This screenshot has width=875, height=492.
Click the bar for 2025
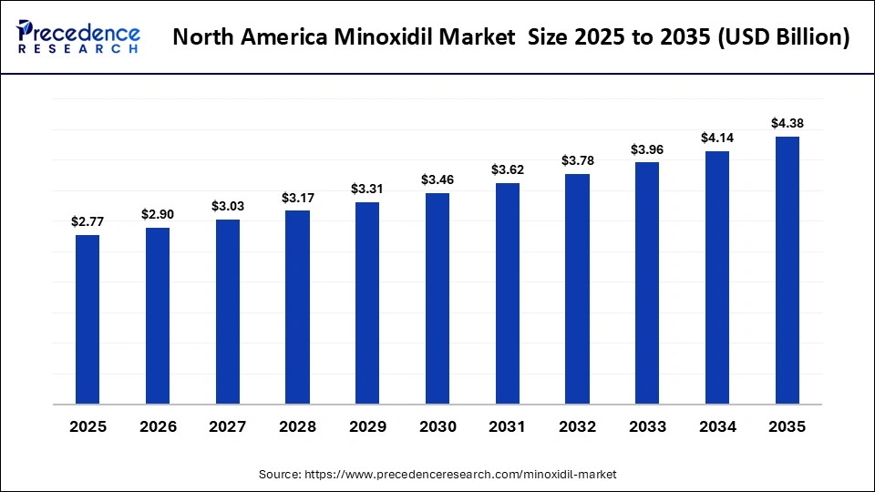(87, 319)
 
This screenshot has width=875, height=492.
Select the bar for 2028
(297, 307)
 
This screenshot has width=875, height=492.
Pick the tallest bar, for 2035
(787, 270)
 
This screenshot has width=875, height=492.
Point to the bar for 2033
(647, 282)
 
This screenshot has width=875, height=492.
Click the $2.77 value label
(87, 221)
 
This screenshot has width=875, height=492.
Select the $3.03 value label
(227, 206)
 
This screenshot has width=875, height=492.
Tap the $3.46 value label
(437, 180)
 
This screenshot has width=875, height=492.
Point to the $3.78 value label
(577, 161)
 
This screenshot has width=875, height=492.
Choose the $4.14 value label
(717, 138)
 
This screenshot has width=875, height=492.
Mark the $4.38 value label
(787, 123)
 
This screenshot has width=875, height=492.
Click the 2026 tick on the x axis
(158, 427)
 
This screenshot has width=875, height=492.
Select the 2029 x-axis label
(367, 427)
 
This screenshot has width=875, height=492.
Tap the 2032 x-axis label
(577, 427)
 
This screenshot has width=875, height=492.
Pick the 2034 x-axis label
(717, 427)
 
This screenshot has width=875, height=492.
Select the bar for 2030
(437, 298)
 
